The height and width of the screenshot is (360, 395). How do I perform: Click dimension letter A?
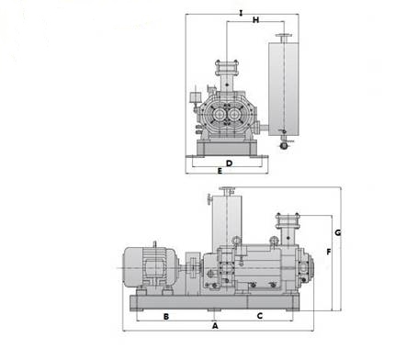pyautogui.click(x=215, y=326)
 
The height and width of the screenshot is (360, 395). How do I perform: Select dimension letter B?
pyautogui.click(x=166, y=317)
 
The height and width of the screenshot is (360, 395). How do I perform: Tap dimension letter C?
pyautogui.click(x=260, y=316)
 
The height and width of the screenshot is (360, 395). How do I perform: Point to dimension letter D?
pyautogui.click(x=229, y=163)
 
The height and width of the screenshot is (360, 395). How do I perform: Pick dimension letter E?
pyautogui.click(x=220, y=171)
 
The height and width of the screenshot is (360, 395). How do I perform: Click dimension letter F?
pyautogui.click(x=329, y=252)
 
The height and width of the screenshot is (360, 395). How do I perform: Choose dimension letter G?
pyautogui.click(x=337, y=232)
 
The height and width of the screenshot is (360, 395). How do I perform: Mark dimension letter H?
pyautogui.click(x=255, y=20)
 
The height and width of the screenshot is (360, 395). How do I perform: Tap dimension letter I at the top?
pyautogui.click(x=241, y=13)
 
